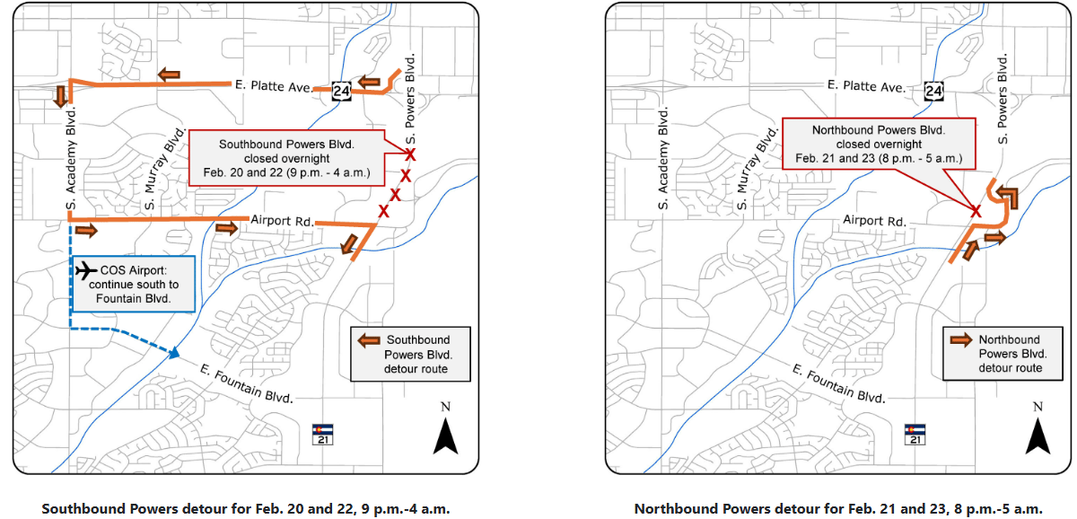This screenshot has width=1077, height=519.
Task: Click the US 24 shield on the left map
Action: tap(340, 91)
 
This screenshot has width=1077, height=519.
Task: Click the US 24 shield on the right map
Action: tap(933, 91)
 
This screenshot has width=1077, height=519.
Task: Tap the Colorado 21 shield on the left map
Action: tap(322, 434)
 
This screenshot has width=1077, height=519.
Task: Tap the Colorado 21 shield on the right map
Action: tap(915, 434)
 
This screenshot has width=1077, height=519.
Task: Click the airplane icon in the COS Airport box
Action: tap(87, 270)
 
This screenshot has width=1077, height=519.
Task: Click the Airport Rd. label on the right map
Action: tap(874, 220)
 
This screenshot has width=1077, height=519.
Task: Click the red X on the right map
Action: tap(976, 211)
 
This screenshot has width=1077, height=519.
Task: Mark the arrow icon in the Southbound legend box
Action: tap(368, 340)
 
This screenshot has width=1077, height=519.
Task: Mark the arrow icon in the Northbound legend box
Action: tap(961, 340)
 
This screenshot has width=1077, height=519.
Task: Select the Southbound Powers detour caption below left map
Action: tap(245, 509)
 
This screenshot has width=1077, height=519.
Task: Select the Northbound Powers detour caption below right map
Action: tap(838, 509)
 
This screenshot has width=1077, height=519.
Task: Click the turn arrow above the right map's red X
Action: tap(1004, 196)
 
